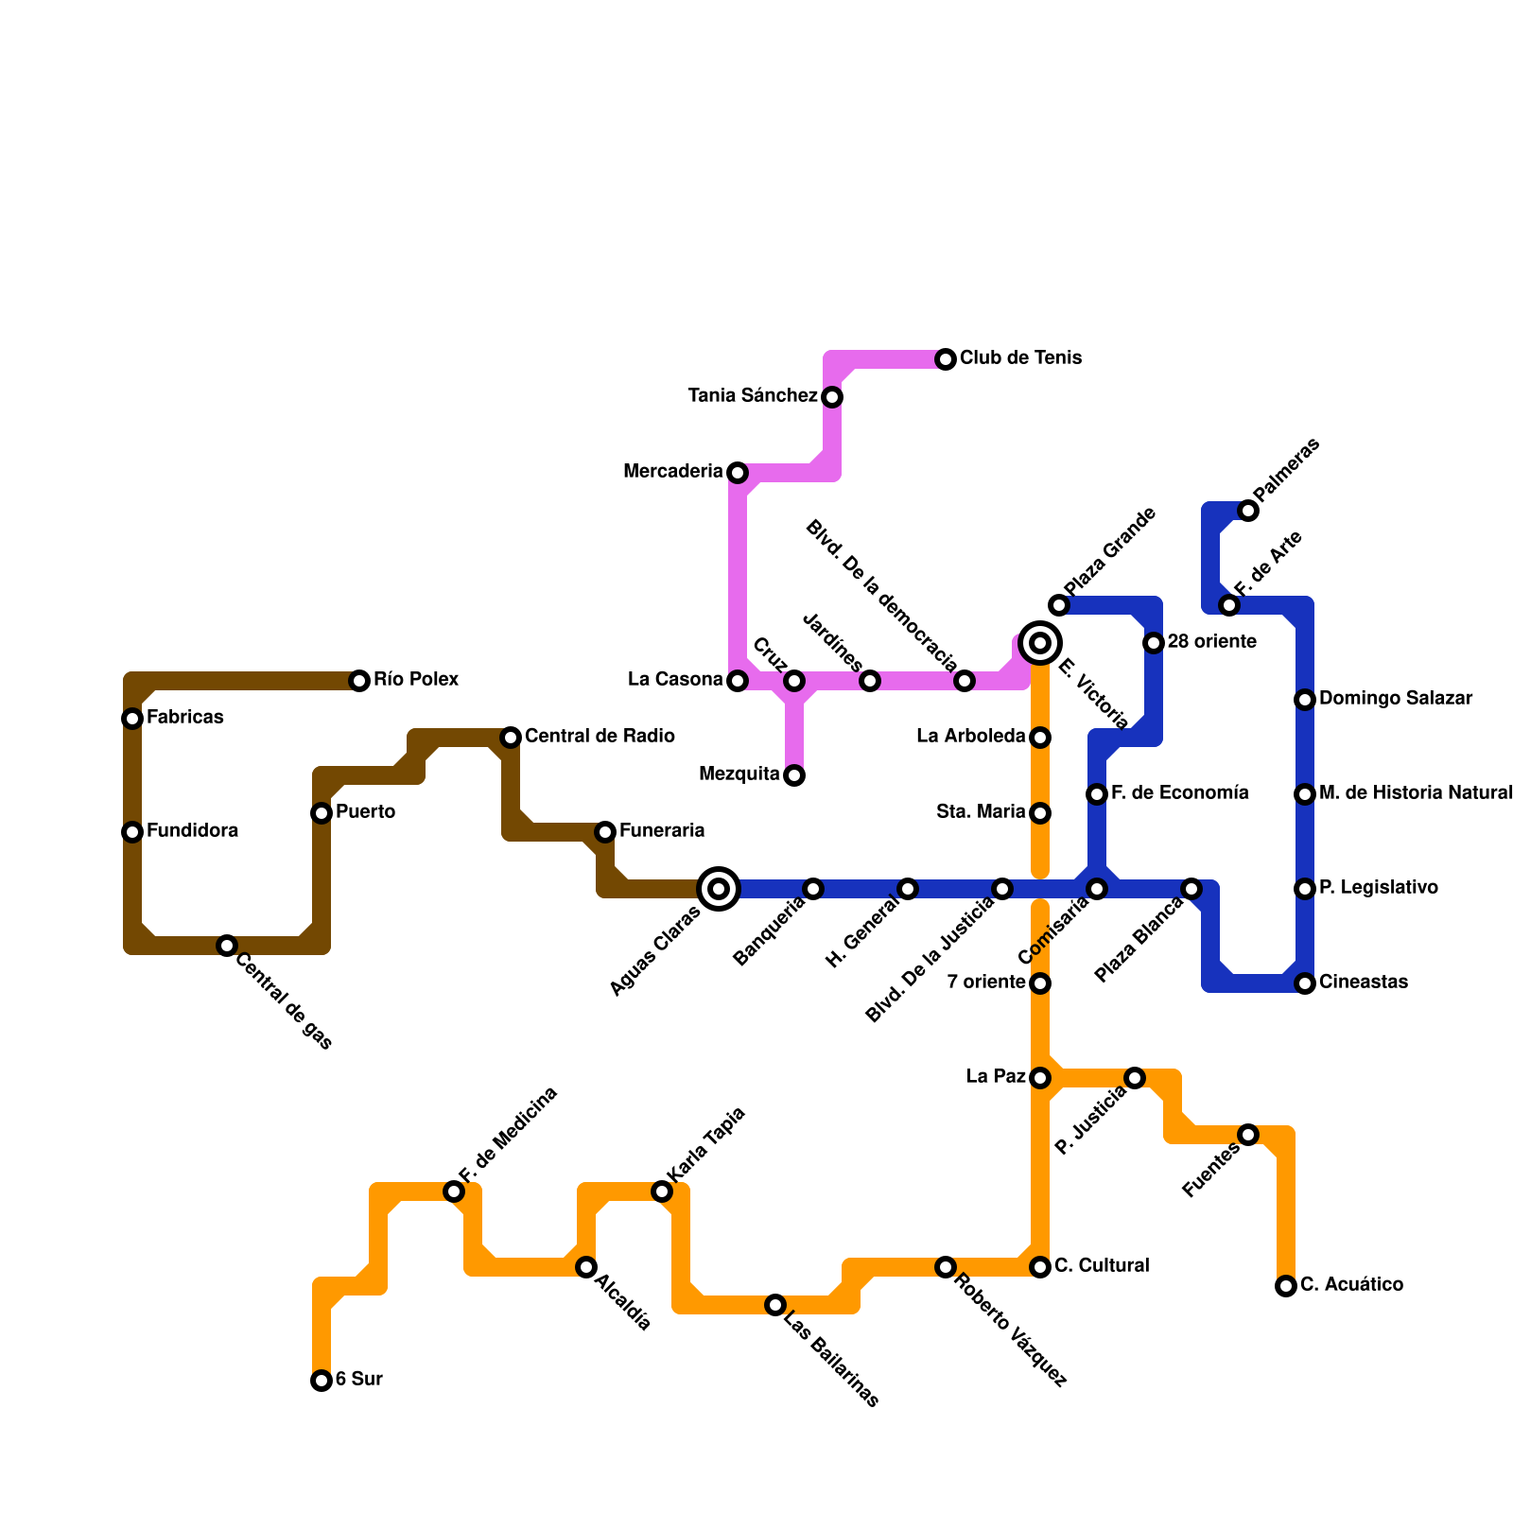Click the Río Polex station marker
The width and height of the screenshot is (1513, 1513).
pos(359,681)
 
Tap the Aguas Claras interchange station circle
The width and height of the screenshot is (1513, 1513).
pos(719,889)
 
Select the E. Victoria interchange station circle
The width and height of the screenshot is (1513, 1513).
pos(1040,643)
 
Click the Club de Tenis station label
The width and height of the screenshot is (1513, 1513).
pos(1020,358)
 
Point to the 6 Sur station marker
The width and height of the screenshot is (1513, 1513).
pos(322,1381)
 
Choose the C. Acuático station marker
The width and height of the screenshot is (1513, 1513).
pos(1285,1286)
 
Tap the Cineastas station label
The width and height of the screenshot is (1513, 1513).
pos(1363,983)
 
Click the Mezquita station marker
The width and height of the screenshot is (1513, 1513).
pos(794,776)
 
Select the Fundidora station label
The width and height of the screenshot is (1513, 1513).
pos(192,831)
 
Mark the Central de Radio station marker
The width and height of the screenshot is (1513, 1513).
pos(511,738)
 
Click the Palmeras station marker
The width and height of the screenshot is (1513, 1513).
pos(1248,512)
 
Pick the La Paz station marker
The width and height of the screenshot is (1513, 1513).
pos(1040,1078)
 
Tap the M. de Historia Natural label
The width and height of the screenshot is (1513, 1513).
pos(1415,793)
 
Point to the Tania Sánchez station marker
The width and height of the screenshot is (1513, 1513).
pos(832,397)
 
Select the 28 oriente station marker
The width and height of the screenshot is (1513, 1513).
pos(1154,643)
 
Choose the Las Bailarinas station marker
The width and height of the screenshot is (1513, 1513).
pos(775,1305)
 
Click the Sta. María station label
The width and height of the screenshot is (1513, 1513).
pos(981,812)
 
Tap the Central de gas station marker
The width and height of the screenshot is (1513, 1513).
pos(227,946)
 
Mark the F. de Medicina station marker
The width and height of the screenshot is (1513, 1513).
pos(454,1191)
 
